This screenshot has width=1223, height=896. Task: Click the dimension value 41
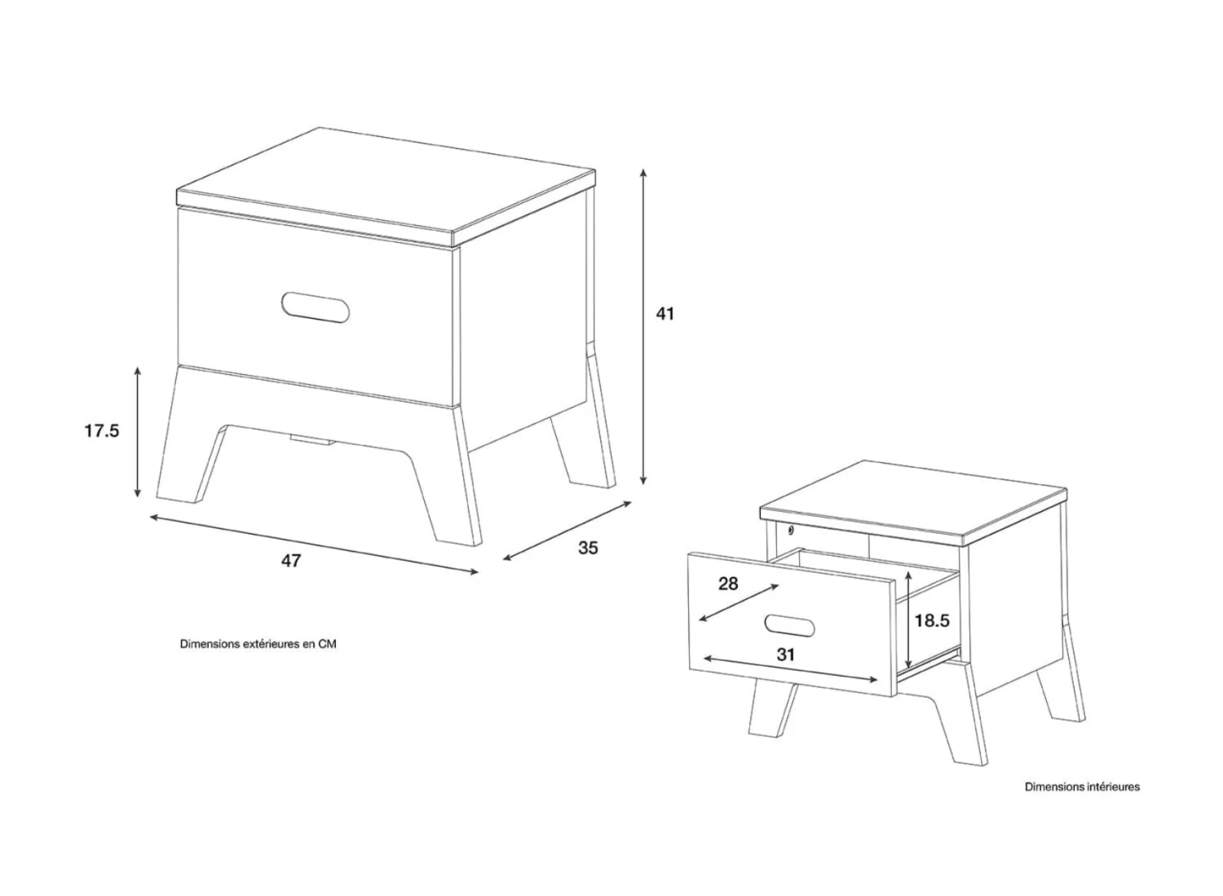[665, 313]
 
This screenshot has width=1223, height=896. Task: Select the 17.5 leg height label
[101, 430]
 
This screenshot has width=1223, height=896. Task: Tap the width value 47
[291, 561]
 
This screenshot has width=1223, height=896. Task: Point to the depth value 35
[588, 548]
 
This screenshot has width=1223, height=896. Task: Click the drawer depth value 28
[728, 584]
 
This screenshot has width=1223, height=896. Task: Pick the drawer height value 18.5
[932, 620]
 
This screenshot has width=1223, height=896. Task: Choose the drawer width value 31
[785, 654]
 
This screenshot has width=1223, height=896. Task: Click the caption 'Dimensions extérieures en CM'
[258, 644]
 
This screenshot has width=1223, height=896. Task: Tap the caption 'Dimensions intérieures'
[1082, 787]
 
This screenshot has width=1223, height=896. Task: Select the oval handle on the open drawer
[789, 626]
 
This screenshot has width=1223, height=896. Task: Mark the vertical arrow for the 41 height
[643, 326]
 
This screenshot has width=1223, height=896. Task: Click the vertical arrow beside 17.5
[138, 432]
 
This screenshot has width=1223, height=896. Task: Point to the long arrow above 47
[313, 544]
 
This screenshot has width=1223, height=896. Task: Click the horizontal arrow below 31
[791, 669]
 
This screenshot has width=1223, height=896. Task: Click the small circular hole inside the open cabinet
[791, 529]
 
